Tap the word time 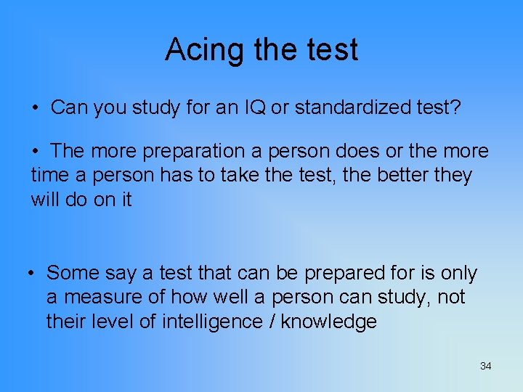pos(49,175)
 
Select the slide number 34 pos(486,366)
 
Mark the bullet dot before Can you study pos(35,109)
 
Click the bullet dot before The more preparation pos(35,152)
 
